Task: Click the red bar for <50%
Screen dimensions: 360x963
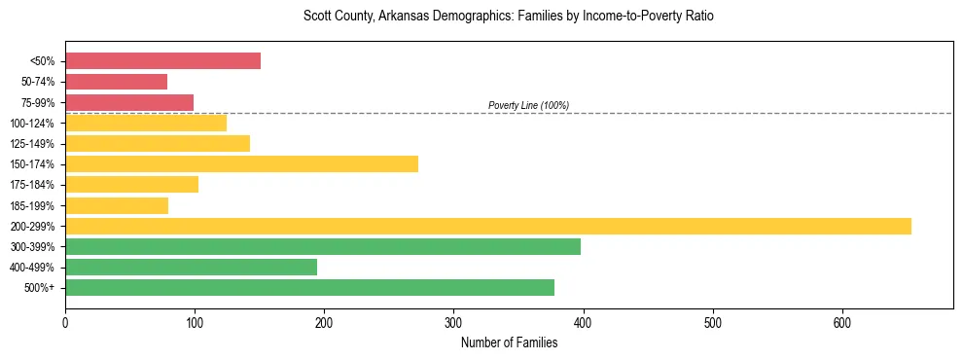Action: pos(162,61)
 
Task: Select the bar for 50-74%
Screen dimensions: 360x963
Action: pos(116,82)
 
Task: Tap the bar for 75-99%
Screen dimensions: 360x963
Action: pos(129,102)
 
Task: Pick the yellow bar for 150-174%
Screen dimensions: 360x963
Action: pos(241,163)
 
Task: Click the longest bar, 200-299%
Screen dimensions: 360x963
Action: pos(487,226)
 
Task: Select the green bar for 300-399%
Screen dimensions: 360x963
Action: pos(322,246)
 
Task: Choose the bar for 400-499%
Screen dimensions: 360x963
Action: pos(191,267)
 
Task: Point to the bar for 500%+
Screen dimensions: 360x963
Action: pos(309,287)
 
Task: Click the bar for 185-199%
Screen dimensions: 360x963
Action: pos(117,205)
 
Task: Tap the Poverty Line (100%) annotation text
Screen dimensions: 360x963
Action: pos(528,105)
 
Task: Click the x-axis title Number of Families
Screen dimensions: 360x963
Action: pos(509,342)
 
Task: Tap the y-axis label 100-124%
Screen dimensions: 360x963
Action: pos(32,124)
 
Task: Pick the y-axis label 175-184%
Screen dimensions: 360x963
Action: pos(32,185)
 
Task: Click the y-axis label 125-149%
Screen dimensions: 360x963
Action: pos(32,144)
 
